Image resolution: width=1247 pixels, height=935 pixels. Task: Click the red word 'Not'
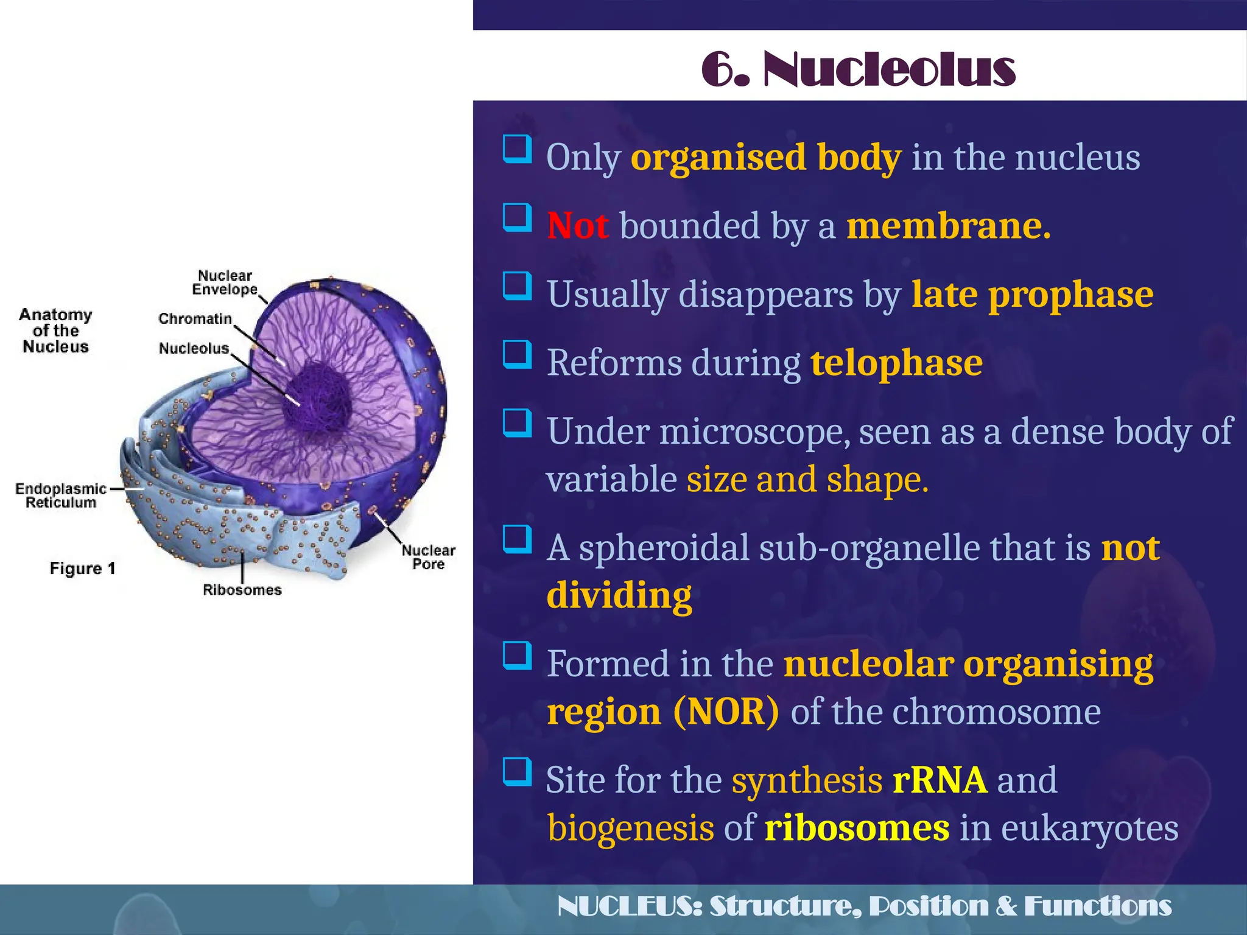(x=577, y=226)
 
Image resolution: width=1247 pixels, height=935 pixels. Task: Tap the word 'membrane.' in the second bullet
(x=949, y=226)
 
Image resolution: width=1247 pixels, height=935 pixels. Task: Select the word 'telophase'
(x=896, y=363)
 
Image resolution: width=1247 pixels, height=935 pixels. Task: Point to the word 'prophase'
(x=1070, y=295)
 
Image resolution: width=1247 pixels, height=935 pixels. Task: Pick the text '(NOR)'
(x=726, y=712)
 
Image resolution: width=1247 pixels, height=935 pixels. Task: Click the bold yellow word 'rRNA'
(x=940, y=780)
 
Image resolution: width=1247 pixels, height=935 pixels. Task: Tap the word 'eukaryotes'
(x=1089, y=828)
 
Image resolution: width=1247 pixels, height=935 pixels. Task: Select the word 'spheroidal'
(x=664, y=548)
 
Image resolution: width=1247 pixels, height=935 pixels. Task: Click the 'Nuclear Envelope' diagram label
(x=225, y=282)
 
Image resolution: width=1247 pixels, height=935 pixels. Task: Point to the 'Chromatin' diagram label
(x=195, y=318)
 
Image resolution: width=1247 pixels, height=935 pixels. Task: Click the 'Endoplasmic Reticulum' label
(x=61, y=496)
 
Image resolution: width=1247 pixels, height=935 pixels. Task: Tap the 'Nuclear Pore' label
(x=428, y=557)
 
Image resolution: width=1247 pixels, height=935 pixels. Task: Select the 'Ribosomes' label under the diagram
(x=242, y=589)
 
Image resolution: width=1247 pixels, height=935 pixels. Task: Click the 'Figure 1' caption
(x=82, y=568)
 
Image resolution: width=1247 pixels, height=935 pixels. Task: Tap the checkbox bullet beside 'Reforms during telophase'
(x=517, y=354)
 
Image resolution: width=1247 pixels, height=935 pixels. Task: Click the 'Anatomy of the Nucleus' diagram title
(x=55, y=331)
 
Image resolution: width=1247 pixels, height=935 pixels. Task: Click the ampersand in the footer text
(x=1006, y=906)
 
